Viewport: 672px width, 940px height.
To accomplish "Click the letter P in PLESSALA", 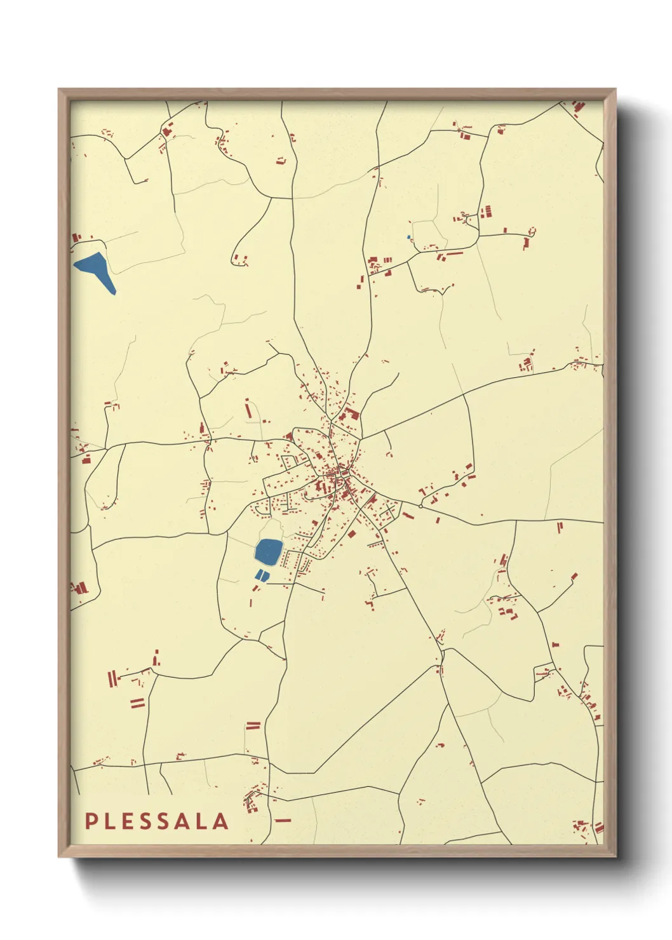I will [90, 821].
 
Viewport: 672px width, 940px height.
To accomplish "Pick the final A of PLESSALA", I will [220, 821].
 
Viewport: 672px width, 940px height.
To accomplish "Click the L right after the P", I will [109, 821].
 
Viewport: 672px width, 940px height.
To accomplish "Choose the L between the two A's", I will [203, 821].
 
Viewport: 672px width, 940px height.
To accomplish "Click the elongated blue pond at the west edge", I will [97, 269].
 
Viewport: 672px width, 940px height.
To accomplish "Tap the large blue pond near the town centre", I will [269, 551].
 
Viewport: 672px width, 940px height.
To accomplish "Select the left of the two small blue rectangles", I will [258, 575].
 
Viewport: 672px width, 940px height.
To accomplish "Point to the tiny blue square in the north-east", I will [409, 238].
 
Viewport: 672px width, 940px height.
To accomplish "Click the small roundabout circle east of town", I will [420, 507].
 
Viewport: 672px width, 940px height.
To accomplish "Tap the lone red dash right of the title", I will [283, 820].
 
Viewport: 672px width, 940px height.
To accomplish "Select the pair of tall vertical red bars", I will [113, 679].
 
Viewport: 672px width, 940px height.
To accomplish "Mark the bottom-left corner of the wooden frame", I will [59, 856].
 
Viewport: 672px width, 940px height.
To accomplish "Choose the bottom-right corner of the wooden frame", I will [615, 856].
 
